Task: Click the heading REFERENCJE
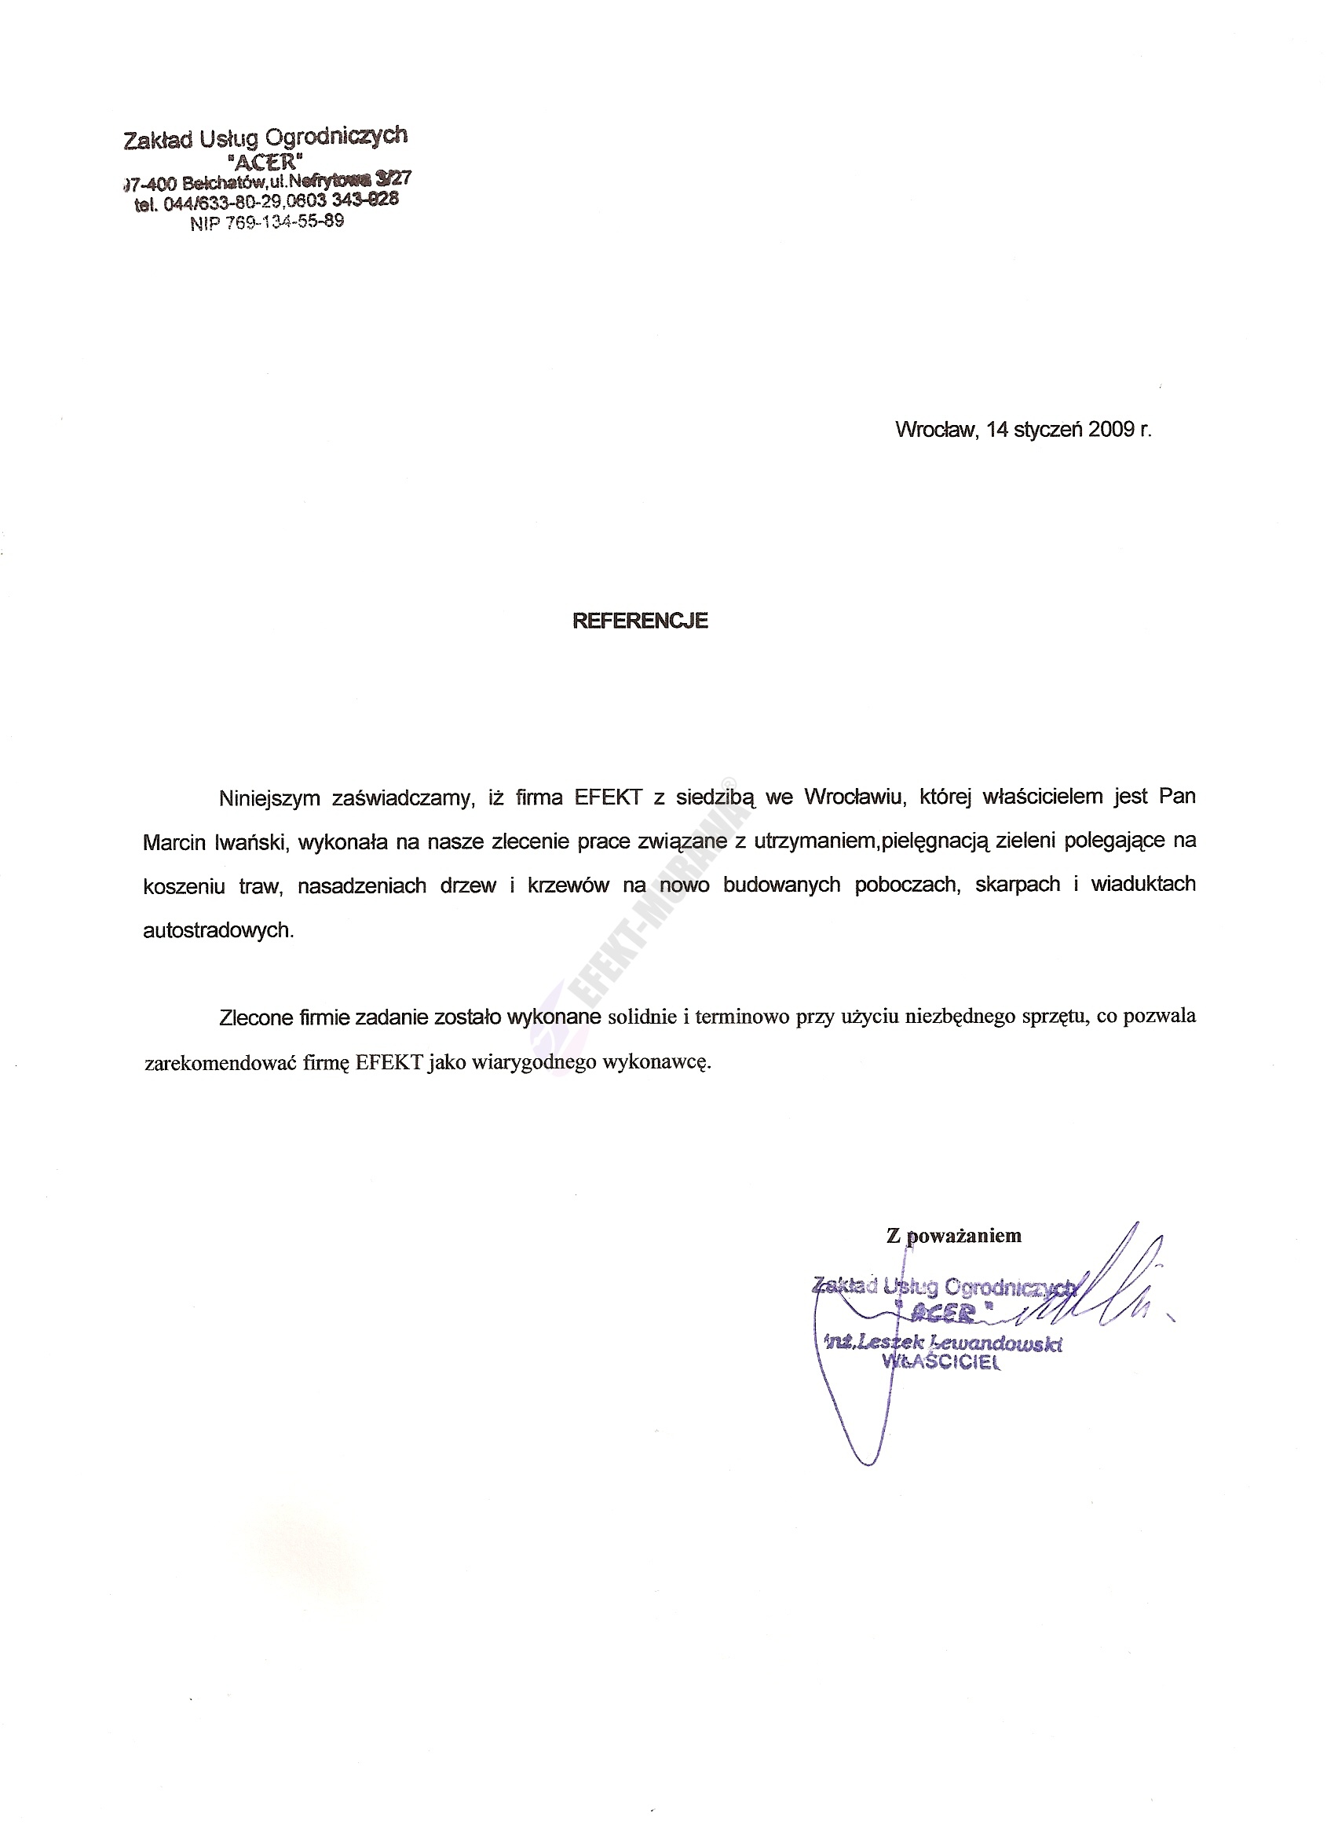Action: coord(639,621)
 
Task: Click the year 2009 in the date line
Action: coord(1111,429)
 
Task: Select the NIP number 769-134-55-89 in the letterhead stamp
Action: coord(267,222)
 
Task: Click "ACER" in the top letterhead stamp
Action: coord(266,159)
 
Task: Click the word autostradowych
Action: coord(218,931)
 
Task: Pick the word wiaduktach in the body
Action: coord(1143,885)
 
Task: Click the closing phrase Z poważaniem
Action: coord(954,1235)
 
